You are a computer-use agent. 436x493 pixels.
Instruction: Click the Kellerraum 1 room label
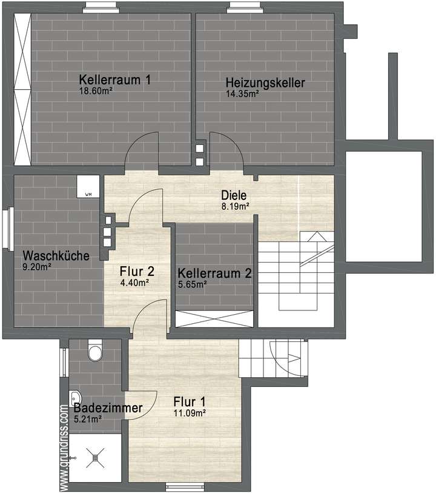pyautogui.click(x=115, y=79)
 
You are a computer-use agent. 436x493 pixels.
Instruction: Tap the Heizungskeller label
pyautogui.click(x=265, y=82)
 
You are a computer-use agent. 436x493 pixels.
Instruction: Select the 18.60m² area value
pyautogui.click(x=96, y=92)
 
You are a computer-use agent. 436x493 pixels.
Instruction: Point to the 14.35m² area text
pyautogui.click(x=242, y=94)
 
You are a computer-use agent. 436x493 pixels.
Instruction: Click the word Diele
pyautogui.click(x=233, y=195)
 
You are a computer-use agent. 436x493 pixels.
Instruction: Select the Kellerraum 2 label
pyautogui.click(x=215, y=273)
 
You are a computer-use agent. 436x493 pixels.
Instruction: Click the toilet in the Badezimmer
pyautogui.click(x=95, y=351)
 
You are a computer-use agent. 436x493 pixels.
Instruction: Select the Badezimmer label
pyautogui.click(x=108, y=408)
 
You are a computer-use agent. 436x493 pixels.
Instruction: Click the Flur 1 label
pyautogui.click(x=190, y=401)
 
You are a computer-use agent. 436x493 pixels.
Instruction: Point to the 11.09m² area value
pyautogui.click(x=189, y=413)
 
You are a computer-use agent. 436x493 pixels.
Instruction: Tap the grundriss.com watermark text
pyautogui.click(x=64, y=446)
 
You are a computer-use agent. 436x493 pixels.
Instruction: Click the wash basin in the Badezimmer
pyautogui.click(x=75, y=395)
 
